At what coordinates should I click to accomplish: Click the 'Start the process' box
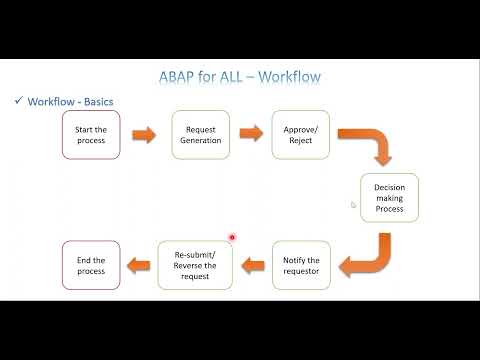[91, 134]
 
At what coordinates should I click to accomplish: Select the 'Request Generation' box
[201, 134]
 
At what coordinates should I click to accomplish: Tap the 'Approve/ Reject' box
[300, 134]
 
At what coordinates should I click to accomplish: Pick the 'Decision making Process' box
[389, 198]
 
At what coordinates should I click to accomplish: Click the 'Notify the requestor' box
[301, 265]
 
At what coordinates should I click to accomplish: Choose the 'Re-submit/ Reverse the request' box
[195, 265]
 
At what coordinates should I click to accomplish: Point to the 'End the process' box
[91, 265]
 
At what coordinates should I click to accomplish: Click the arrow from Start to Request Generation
[146, 134]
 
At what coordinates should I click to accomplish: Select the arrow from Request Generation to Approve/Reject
[251, 134]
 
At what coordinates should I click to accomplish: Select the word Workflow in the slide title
[290, 76]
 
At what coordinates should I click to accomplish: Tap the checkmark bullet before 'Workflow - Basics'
[19, 101]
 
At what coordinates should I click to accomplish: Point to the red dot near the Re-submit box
[232, 238]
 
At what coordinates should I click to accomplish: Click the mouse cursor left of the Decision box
[354, 205]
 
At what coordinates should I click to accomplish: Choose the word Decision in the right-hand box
[390, 187]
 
